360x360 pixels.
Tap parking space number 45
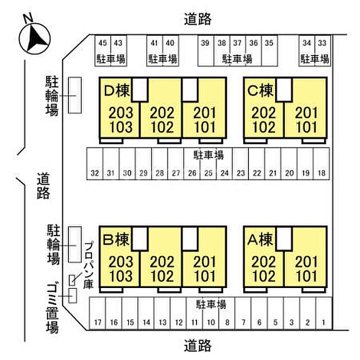[x=103, y=50]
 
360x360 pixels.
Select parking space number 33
[x=322, y=50]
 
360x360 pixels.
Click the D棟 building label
[x=117, y=90]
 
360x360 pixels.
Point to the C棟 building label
[x=261, y=90]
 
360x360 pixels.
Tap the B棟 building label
[x=116, y=240]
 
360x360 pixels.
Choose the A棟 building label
[x=260, y=240]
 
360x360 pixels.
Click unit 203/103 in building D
[x=121, y=120]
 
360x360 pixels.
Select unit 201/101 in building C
[x=307, y=120]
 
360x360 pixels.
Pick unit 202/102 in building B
[x=162, y=269]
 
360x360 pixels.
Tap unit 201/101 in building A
[x=307, y=269]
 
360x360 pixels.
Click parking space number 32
[x=95, y=164]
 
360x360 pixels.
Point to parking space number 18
[x=321, y=164]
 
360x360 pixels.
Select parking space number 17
[x=97, y=314]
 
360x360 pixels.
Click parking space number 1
[x=324, y=314]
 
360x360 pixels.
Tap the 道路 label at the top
[x=197, y=19]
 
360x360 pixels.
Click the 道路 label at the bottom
[x=197, y=346]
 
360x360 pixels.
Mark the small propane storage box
[x=72, y=280]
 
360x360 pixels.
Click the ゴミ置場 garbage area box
[x=73, y=296]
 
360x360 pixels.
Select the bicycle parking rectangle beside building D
[x=75, y=95]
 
